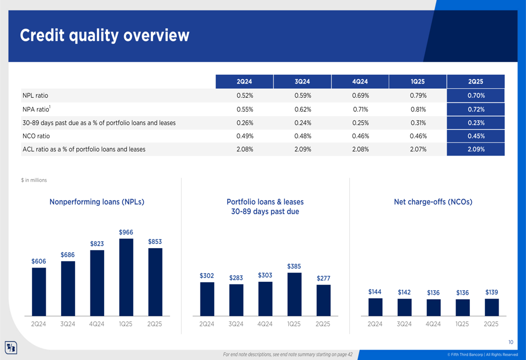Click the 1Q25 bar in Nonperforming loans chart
126,277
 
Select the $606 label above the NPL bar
39,261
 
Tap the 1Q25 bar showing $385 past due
294,294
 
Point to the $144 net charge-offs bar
375,307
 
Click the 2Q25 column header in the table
476,81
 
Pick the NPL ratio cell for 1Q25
418,96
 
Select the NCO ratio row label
36,136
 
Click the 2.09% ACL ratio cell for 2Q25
476,149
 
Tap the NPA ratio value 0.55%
245,109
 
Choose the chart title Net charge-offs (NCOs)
433,202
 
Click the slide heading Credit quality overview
105,36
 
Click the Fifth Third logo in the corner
11,347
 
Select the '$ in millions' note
34,180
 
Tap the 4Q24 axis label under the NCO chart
433,324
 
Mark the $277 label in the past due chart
323,278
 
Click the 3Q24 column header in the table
302,81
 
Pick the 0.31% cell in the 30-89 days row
418,122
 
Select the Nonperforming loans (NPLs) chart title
97,202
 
